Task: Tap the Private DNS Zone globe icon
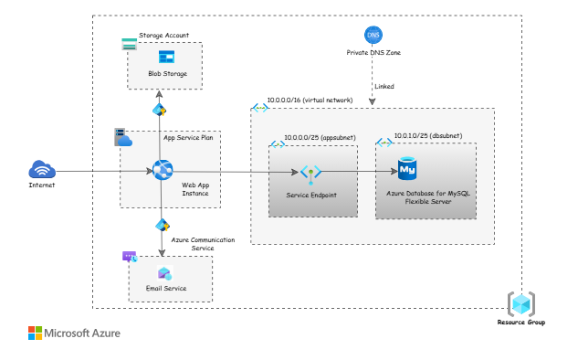tap(373, 36)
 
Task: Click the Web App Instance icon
tap(163, 170)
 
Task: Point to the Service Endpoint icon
tap(310, 172)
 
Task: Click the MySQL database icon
tap(407, 169)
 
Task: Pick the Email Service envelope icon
tap(165, 273)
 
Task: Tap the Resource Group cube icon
tap(521, 303)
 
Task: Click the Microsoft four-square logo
tap(35, 333)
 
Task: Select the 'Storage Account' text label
tap(163, 36)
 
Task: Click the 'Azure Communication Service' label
tap(204, 244)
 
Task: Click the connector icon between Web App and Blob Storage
tap(159, 110)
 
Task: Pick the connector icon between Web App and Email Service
tap(162, 225)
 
